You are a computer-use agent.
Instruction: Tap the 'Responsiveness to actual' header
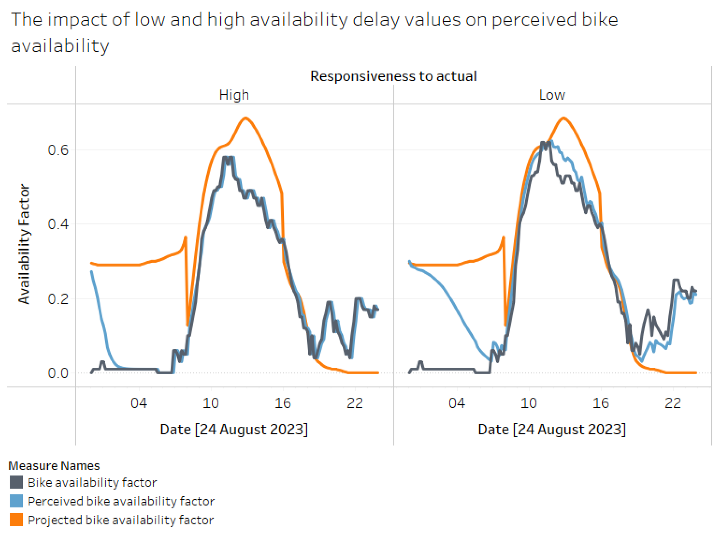tap(393, 76)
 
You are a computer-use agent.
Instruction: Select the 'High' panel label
tap(234, 95)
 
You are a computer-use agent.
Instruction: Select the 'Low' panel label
tap(552, 95)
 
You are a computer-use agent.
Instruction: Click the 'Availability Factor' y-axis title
tap(24, 244)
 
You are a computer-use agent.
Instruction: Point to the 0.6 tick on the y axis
tap(58, 150)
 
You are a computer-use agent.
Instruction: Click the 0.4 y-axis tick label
tap(58, 224)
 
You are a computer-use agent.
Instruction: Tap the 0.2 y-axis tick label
tap(58, 299)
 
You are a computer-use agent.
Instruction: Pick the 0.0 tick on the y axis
tap(58, 373)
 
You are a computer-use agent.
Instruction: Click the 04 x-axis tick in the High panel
tap(139, 403)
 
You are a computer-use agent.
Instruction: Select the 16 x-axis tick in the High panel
tap(283, 403)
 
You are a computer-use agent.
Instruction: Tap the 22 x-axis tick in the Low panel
tap(673, 403)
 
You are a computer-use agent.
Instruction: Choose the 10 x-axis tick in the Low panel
tap(529, 403)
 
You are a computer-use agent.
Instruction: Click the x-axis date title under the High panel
tap(234, 430)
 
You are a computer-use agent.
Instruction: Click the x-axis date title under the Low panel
tap(552, 430)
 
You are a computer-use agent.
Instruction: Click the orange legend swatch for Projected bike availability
tap(16, 520)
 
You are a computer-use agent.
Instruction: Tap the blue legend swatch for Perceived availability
tap(16, 501)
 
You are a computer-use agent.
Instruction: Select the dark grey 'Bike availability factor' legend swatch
tap(16, 482)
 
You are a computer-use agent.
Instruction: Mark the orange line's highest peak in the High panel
tap(245, 118)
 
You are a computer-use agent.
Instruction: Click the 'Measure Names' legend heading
tap(54, 466)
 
